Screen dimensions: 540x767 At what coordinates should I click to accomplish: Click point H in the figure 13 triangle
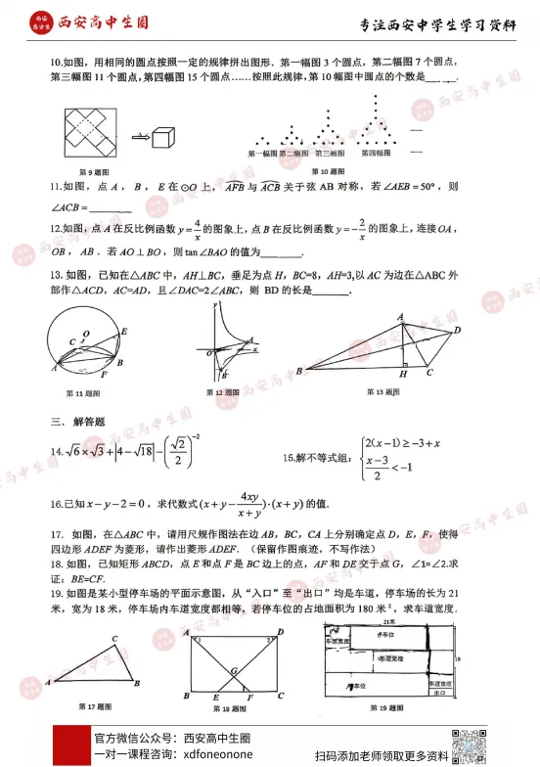[403, 374]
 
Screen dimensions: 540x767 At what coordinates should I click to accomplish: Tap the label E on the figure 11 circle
[123, 333]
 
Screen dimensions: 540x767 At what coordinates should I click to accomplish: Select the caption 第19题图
[385, 706]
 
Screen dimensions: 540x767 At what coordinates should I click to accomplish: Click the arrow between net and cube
[139, 136]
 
